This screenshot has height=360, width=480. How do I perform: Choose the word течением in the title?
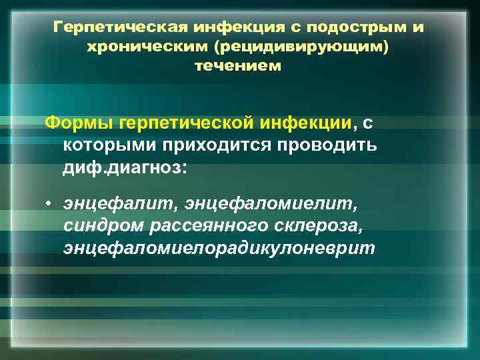click(239, 66)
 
